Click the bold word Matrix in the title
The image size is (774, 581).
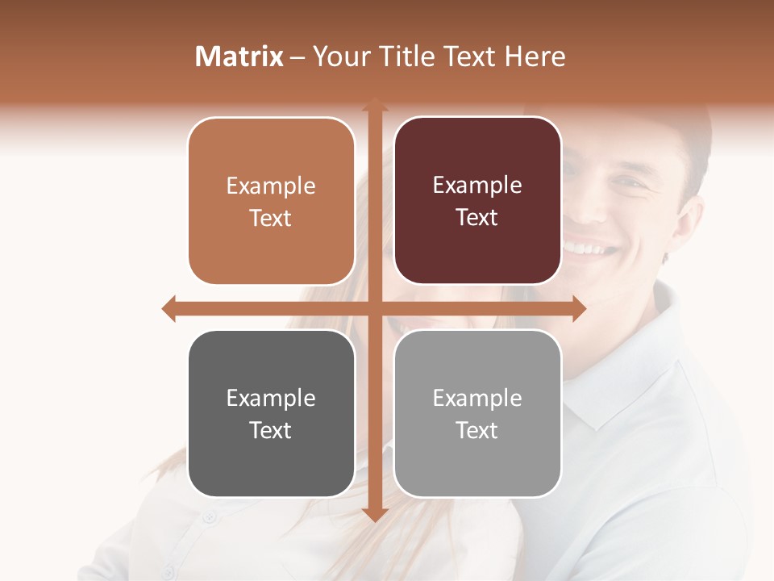pyautogui.click(x=239, y=56)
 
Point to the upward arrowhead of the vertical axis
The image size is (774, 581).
pyautogui.click(x=375, y=105)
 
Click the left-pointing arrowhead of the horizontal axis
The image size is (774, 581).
pyautogui.click(x=169, y=308)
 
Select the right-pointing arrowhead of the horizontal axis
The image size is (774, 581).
pyautogui.click(x=579, y=308)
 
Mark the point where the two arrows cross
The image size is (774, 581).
pyautogui.click(x=375, y=308)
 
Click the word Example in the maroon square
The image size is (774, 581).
pyautogui.click(x=477, y=186)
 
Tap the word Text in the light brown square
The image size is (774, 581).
pyautogui.click(x=271, y=219)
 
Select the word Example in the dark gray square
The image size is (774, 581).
pyautogui.click(x=271, y=398)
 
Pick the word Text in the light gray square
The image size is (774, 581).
pyautogui.click(x=477, y=431)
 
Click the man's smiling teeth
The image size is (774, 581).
pyautogui.click(x=593, y=246)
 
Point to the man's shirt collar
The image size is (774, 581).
pyautogui.click(x=613, y=387)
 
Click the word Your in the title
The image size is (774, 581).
pyautogui.click(x=340, y=56)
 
